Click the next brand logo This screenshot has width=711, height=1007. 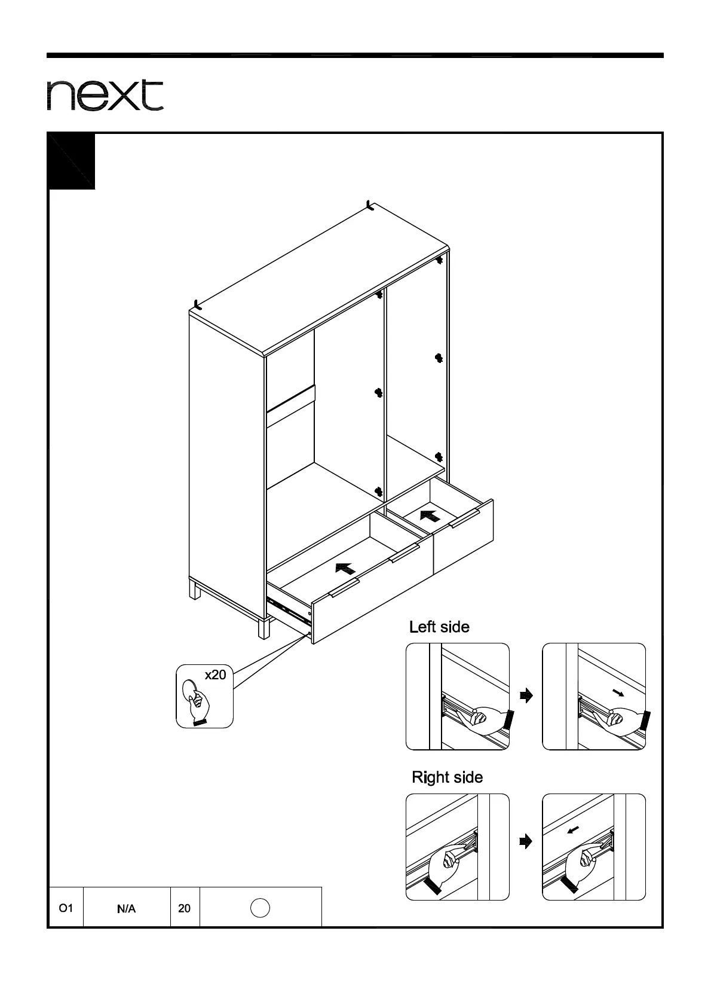click(x=105, y=95)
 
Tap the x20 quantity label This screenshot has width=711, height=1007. click(x=215, y=675)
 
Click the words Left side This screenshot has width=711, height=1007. click(x=439, y=627)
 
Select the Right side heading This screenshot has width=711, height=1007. click(x=447, y=777)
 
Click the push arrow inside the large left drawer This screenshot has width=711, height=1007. click(x=346, y=568)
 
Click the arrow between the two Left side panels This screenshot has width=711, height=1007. click(x=526, y=695)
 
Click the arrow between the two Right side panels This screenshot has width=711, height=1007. click(x=526, y=842)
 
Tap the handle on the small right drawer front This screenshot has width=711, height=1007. click(x=464, y=519)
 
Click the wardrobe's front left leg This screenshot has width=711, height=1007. click(x=263, y=628)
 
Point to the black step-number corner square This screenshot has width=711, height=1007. click(x=71, y=161)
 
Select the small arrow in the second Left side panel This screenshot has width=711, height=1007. click(x=618, y=693)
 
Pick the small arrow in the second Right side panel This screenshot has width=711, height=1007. click(x=573, y=829)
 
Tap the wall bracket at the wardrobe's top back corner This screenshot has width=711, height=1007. click(x=370, y=206)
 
